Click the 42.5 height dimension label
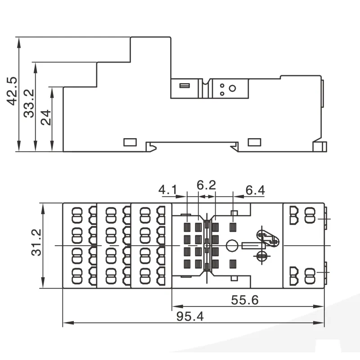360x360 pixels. pos(12,91)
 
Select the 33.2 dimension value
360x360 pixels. pos(29,103)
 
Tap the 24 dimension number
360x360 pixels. pos(46,117)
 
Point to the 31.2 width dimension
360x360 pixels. pos(36,243)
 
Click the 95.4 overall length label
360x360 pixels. pos(190,316)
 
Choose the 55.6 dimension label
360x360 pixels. pos(245,300)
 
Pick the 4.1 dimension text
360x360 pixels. pos(168,190)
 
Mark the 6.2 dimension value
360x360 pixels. pos(207,185)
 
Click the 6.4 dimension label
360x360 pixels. pos(255,190)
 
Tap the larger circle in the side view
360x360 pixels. pos(232,88)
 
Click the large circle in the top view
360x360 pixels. pos(232,245)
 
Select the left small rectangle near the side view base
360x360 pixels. pos(130,142)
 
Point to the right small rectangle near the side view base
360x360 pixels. pos(254,142)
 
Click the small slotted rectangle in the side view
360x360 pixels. pos(184,85)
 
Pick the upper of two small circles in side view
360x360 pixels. pos(222,85)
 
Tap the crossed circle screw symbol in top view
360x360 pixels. pos(261,255)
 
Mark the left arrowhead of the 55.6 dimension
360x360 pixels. pos(178,306)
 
